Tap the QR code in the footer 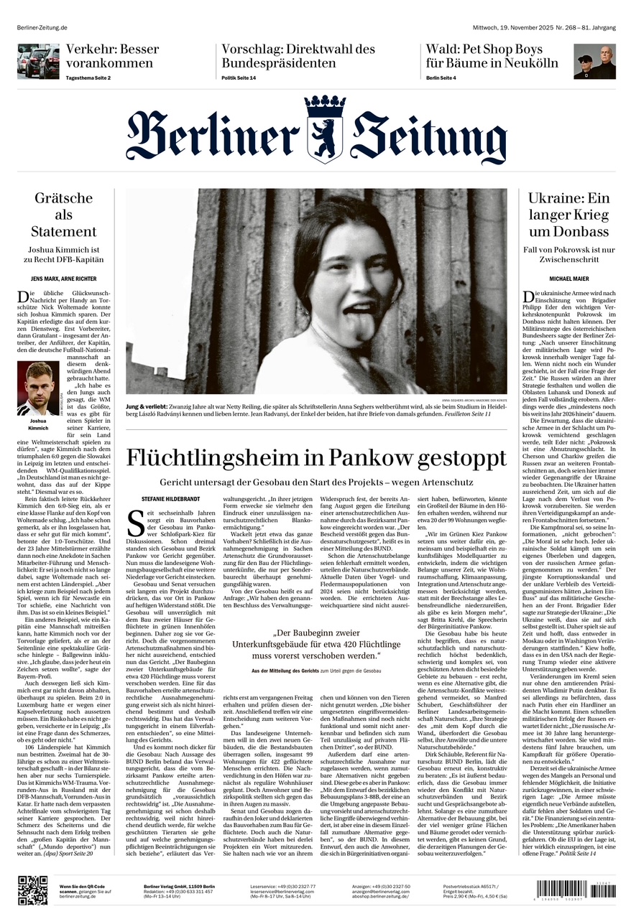coord(32,891)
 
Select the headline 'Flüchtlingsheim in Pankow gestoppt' coord(315,457)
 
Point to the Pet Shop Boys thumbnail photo coord(594,61)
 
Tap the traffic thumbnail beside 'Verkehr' coord(38,61)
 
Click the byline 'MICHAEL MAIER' coord(568,278)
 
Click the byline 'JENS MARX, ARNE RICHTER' coord(63,278)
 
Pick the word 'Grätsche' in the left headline coord(63,197)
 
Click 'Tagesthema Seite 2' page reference coord(88,78)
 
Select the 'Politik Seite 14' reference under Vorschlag coord(239,78)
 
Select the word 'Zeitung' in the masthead coord(429,136)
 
